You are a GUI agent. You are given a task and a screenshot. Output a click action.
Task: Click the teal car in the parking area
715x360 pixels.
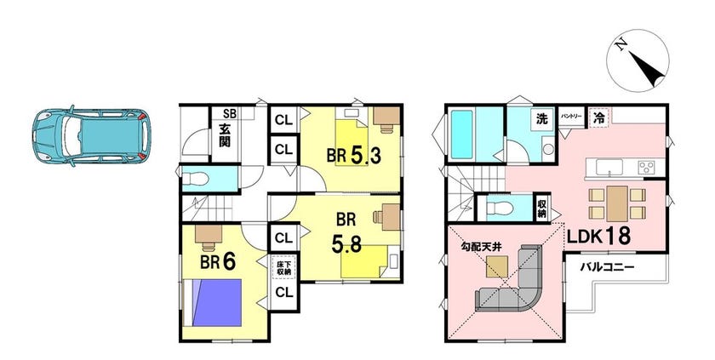[91, 136]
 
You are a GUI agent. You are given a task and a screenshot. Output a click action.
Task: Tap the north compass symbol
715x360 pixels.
[638, 60]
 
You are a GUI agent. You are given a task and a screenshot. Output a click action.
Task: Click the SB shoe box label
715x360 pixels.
[229, 114]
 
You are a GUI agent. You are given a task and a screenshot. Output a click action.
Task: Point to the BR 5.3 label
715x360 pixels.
[353, 156]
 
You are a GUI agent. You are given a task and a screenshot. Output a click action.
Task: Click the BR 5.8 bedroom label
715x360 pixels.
[346, 233]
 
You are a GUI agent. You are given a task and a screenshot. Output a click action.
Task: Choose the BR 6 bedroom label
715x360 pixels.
[218, 262]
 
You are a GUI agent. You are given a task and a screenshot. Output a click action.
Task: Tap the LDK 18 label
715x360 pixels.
[598, 236]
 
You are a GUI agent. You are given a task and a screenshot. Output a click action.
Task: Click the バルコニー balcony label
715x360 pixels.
[606, 267]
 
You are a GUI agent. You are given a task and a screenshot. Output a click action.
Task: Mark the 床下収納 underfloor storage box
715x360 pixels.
[283, 267]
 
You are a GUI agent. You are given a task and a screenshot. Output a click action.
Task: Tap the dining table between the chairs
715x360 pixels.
[617, 204]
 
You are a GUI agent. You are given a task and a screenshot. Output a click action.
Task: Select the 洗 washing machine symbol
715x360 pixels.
[541, 119]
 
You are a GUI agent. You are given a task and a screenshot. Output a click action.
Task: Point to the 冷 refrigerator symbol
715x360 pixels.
[598, 118]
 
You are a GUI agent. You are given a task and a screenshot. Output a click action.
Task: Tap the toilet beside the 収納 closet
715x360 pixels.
[500, 209]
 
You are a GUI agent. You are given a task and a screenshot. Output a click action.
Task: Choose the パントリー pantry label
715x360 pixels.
[570, 117]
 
